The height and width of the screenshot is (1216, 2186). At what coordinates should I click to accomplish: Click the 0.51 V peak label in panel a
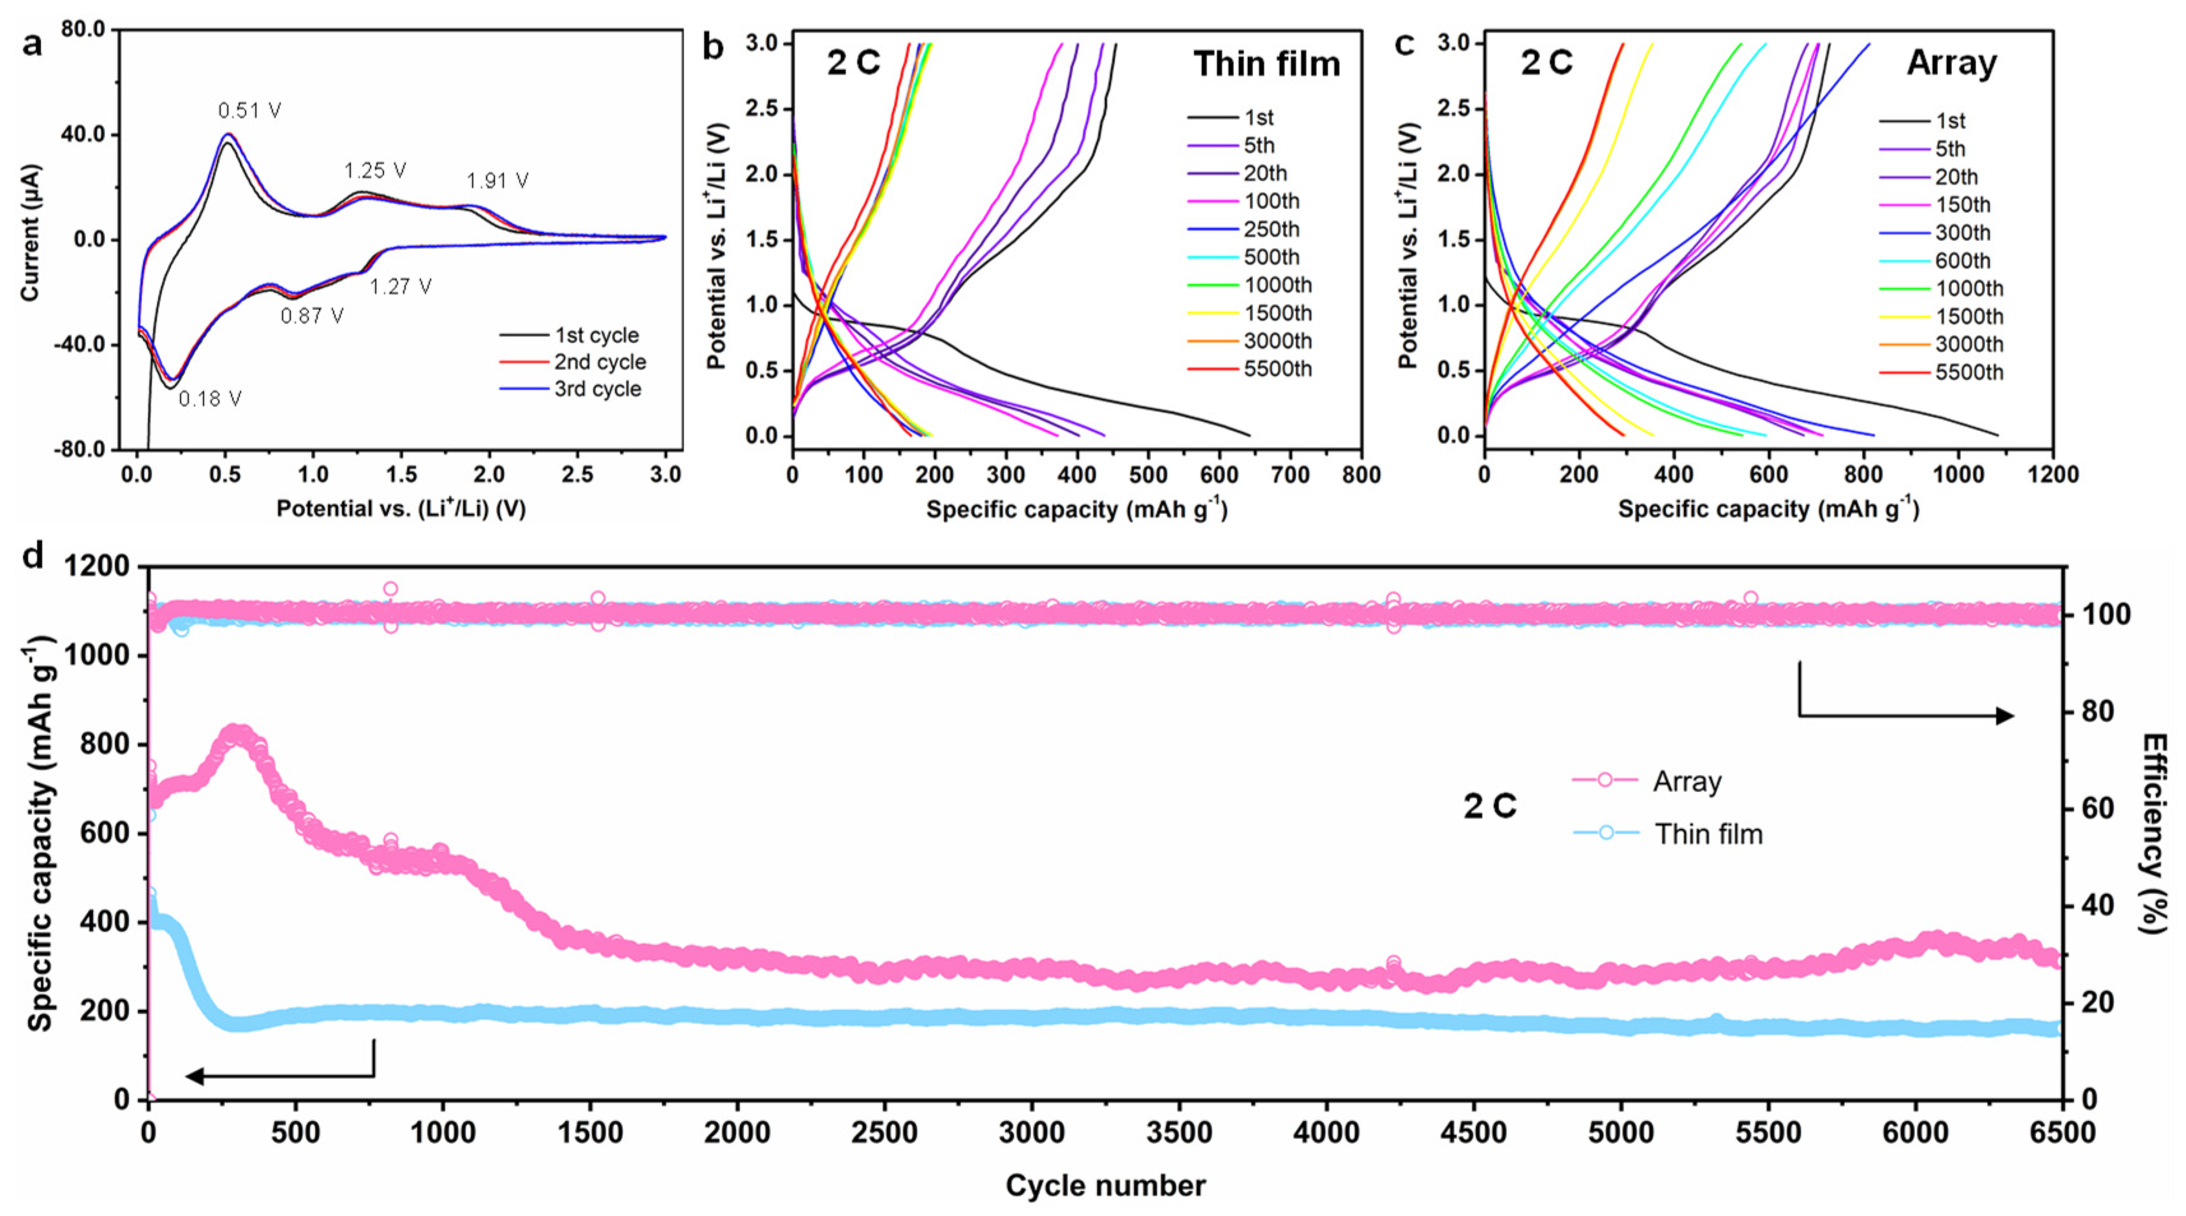pyautogui.click(x=249, y=110)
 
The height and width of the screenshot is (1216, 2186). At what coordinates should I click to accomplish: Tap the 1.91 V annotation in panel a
pyautogui.click(x=497, y=180)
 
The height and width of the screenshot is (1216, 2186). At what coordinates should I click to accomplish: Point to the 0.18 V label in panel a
pyautogui.click(x=210, y=398)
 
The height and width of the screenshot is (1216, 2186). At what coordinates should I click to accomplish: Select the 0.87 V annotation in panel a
pyautogui.click(x=312, y=316)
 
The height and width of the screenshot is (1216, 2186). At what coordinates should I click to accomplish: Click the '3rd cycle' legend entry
pyautogui.click(x=598, y=388)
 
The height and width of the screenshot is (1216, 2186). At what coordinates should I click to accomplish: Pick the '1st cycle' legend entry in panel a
pyautogui.click(x=597, y=335)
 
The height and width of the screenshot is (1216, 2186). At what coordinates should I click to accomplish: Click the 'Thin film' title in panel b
pyautogui.click(x=1266, y=64)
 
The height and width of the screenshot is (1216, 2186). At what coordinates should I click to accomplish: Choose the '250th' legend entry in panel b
pyautogui.click(x=1270, y=229)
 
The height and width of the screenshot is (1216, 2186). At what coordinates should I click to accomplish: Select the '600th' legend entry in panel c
pyautogui.click(x=1962, y=261)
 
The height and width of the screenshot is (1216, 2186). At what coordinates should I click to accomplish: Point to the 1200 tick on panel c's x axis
pyautogui.click(x=2053, y=474)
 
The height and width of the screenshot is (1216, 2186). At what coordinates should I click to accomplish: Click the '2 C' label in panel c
pyautogui.click(x=1546, y=62)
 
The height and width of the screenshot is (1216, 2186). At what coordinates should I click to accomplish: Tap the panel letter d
pyautogui.click(x=33, y=556)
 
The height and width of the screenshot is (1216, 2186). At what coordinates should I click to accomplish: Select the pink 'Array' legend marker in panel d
pyautogui.click(x=1604, y=780)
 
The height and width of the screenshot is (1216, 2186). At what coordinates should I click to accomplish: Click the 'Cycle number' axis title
pyautogui.click(x=1105, y=1185)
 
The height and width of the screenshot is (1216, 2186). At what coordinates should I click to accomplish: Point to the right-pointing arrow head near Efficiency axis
pyautogui.click(x=2004, y=715)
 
